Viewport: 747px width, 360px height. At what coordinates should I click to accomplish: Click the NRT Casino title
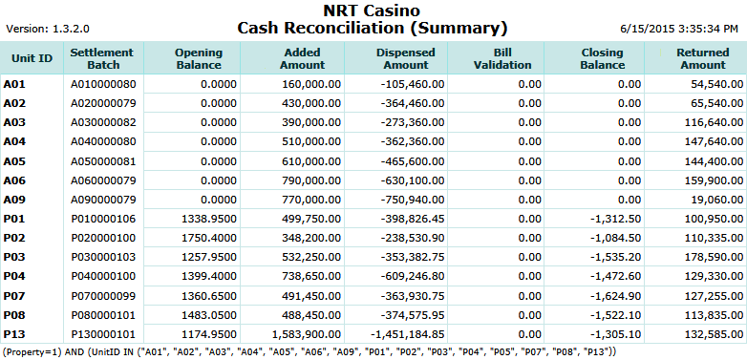[372, 11]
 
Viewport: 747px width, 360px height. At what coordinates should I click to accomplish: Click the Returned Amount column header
[701, 57]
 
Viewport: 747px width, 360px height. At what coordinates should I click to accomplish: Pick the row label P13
[14, 333]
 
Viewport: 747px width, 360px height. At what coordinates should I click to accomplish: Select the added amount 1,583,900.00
[301, 333]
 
